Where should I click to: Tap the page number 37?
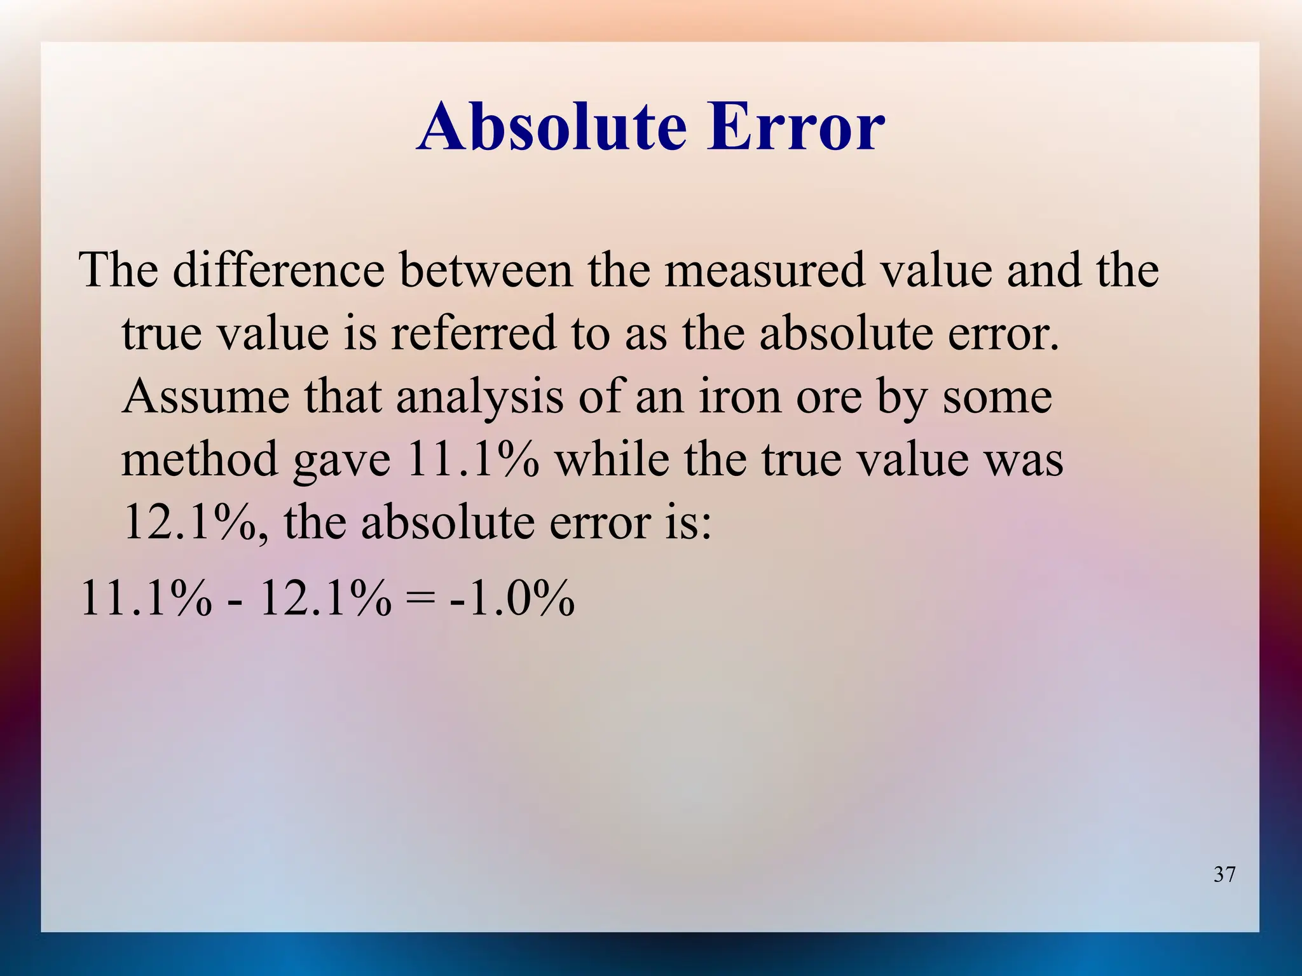1224,874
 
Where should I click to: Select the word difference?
278,270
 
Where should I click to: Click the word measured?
765,270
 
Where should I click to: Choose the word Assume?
205,396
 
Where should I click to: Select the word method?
200,459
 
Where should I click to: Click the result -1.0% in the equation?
512,599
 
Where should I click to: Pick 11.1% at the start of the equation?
146,599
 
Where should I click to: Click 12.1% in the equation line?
325,599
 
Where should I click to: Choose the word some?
997,398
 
